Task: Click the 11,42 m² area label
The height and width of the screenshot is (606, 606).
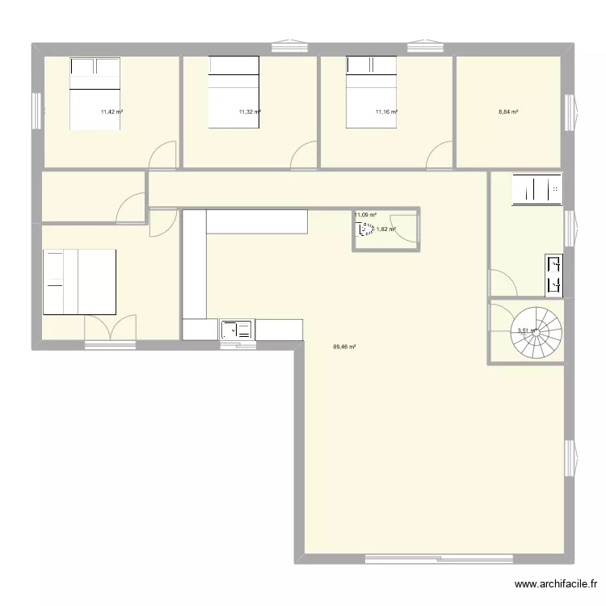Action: pos(112,112)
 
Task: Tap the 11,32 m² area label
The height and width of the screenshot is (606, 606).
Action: pos(250,112)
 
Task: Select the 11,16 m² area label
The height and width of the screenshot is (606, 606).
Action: pos(386,112)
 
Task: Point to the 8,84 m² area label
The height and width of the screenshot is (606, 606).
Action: pos(508,112)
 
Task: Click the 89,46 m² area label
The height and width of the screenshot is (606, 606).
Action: pos(344,347)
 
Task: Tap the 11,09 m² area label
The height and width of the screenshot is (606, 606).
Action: pos(365,215)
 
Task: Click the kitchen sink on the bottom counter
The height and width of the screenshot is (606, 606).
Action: pos(237,330)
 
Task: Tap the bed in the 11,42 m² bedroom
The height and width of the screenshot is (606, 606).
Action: pos(96,93)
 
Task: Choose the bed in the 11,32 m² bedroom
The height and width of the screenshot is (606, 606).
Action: pos(234,91)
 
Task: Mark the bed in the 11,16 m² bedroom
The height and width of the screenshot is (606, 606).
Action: pos(371,91)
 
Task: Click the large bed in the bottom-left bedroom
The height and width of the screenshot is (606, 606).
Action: pos(79,281)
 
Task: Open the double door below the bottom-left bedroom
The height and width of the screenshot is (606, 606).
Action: pos(111,329)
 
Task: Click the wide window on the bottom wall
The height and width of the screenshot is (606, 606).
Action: pos(439,558)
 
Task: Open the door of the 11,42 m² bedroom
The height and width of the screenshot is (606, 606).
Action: pos(163,156)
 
